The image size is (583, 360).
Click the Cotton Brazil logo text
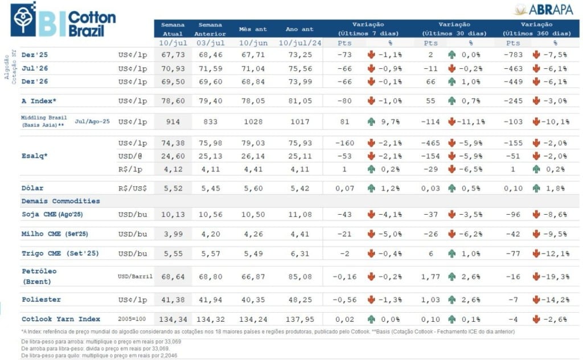[x=92, y=24]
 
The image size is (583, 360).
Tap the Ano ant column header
[x=299, y=29]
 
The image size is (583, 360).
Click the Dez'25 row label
[x=34, y=54]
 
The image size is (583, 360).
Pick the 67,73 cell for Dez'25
[x=174, y=54]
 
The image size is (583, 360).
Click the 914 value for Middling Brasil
[x=174, y=121]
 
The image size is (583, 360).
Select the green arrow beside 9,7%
[x=371, y=121]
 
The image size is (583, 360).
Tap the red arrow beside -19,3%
[x=536, y=276]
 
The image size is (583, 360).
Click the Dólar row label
[x=32, y=187]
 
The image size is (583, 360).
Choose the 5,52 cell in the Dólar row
[x=174, y=187]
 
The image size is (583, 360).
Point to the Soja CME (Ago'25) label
[x=55, y=214]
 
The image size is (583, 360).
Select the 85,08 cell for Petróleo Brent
[x=299, y=276]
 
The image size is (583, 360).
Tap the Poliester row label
[x=41, y=299]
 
